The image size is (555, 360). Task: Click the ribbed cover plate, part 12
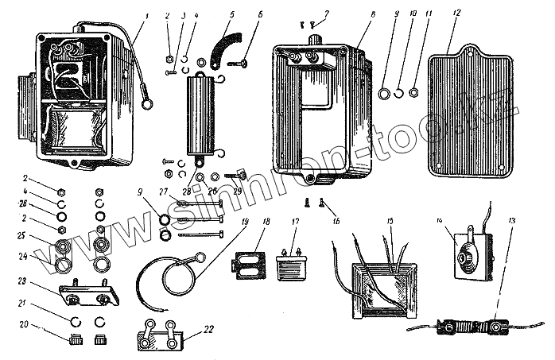click(x=469, y=115)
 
